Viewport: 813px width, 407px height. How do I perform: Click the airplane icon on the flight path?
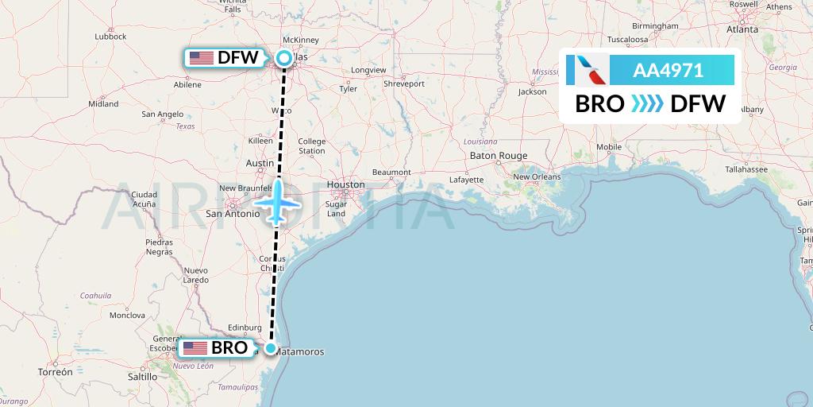point(277,202)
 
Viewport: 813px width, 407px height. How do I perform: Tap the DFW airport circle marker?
point(283,57)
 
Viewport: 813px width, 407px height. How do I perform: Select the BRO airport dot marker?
point(271,348)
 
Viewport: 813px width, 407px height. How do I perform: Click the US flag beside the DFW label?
point(202,57)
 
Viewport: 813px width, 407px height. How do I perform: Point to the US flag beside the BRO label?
point(195,348)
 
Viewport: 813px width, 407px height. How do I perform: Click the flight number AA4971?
point(668,71)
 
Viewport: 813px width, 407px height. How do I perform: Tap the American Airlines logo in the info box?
point(588,70)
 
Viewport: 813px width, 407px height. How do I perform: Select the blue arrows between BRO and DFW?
point(647,104)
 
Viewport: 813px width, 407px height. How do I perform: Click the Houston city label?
point(346,184)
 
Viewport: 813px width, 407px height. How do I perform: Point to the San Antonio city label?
point(233,213)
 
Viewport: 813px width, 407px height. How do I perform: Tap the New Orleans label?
point(535,176)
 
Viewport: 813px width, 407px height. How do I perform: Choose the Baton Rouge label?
point(499,155)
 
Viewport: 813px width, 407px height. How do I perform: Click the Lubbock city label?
point(110,37)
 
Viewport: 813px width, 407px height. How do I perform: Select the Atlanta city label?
point(742,29)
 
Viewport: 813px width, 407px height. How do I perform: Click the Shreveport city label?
point(404,83)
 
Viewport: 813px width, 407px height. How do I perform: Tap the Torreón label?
point(55,371)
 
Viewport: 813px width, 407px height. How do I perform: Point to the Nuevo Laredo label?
point(195,275)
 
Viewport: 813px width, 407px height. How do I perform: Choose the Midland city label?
point(103,103)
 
